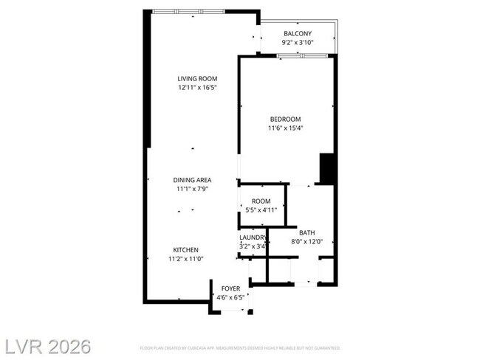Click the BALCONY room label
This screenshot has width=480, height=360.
[297, 33]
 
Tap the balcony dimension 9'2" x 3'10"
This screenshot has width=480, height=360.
[297, 43]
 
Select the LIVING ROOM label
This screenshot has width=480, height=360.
[197, 78]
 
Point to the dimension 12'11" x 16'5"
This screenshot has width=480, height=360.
[197, 88]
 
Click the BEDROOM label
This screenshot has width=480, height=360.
[285, 119]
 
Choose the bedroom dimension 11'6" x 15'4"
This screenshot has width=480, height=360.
[285, 128]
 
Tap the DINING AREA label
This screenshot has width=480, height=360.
[192, 180]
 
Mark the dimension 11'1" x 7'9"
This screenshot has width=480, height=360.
[192, 189]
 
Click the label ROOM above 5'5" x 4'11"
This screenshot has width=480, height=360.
[261, 201]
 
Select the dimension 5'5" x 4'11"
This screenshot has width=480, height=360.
[261, 210]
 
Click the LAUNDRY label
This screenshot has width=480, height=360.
[252, 237]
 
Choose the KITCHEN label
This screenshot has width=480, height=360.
[186, 249]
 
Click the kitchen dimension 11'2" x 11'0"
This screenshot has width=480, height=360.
[186, 259]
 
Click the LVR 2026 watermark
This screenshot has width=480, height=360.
[47, 345]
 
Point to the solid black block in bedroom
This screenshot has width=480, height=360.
[327, 169]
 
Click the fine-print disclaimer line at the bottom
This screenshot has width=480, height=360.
[240, 347]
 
